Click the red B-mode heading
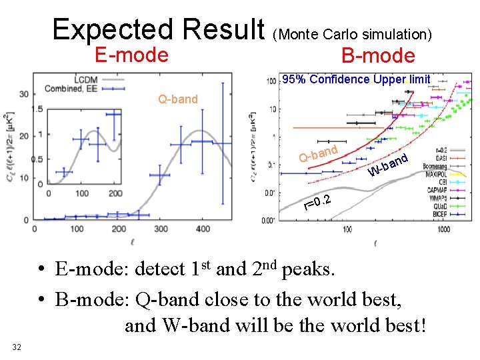pos(378,56)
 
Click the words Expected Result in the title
pos(159,29)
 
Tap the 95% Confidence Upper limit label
pos(357,79)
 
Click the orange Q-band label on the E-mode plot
pos(177,99)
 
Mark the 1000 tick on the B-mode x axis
pos(443,229)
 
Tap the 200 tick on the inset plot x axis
pos(115,193)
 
